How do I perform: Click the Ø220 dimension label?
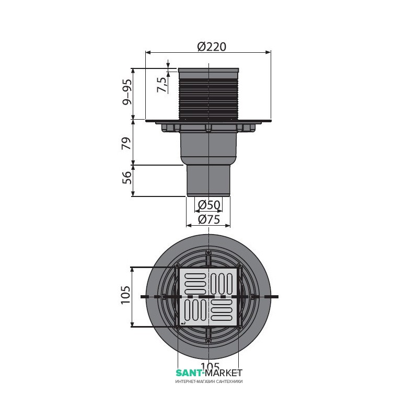coord(212,47)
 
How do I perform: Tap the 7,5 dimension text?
coord(162,85)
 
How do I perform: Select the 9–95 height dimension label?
coord(127,92)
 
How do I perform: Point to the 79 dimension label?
coord(127,143)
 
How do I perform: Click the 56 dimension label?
coord(127,177)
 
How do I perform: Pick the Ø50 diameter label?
coord(210,205)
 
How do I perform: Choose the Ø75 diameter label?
coord(210,219)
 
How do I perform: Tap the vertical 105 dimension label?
coord(125,295)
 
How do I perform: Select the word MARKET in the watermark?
coord(224,373)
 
